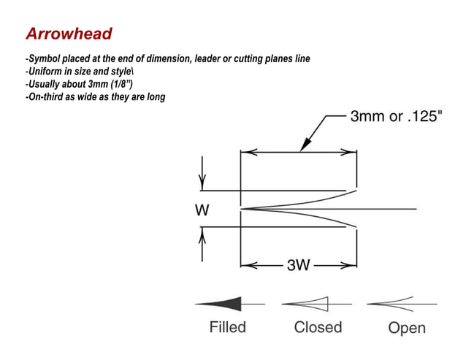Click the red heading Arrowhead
68,34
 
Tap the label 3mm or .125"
397,117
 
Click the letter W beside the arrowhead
202,210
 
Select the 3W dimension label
299,265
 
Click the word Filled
228,326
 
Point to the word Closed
318,326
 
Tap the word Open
407,328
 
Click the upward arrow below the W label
203,235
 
